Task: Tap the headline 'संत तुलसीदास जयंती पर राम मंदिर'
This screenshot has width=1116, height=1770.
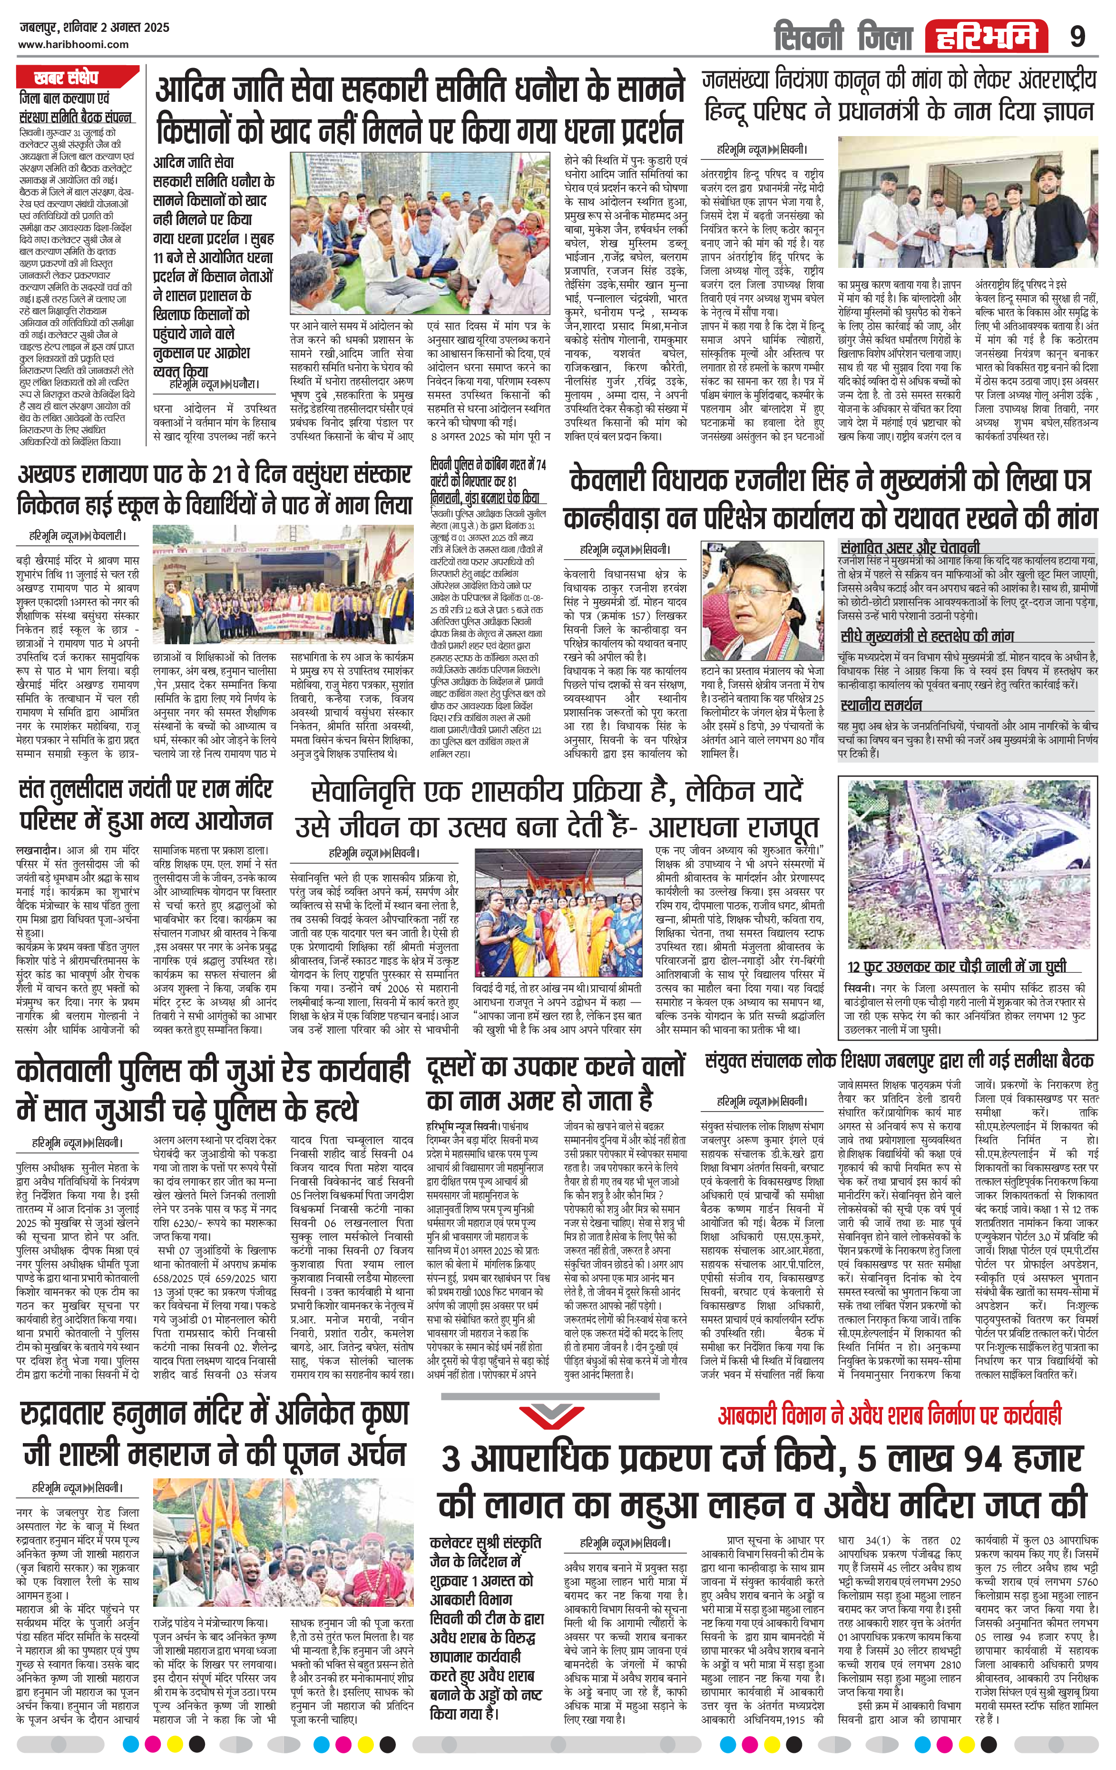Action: coord(146,791)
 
